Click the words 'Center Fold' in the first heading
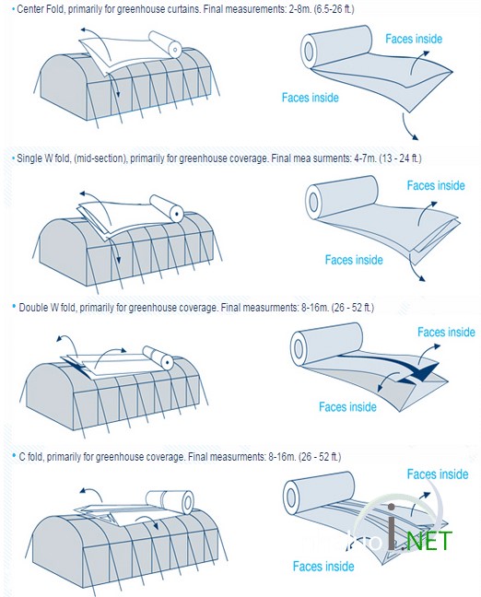coord(41,9)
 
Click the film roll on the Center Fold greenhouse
coord(165,44)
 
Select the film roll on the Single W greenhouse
coord(167,208)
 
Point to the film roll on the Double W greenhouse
coord(158,357)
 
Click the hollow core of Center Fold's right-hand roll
coord(308,51)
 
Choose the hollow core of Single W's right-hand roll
coord(313,201)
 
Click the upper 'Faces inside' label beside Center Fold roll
coord(414,39)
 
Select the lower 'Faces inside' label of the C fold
coord(323,567)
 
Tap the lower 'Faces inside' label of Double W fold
coord(347,407)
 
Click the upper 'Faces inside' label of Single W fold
coord(436,185)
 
